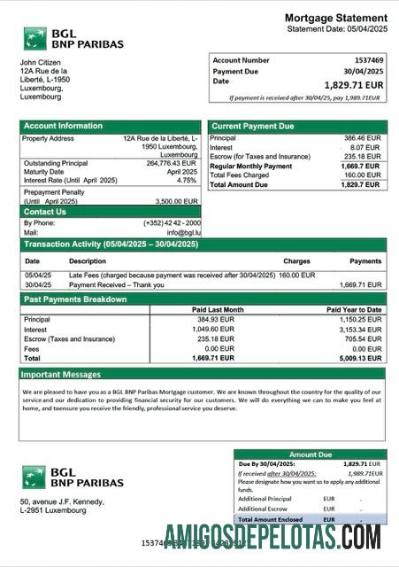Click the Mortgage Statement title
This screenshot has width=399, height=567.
[x=335, y=18]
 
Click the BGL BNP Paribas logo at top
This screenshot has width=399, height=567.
[x=73, y=38]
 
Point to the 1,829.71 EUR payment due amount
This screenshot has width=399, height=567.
[x=354, y=85]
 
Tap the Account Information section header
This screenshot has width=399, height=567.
[x=63, y=126]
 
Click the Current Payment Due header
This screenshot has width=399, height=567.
[x=252, y=127]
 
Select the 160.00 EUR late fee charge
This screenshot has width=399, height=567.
[x=296, y=276]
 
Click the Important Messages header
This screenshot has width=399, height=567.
[x=62, y=375]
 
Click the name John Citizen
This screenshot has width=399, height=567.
[x=43, y=62]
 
